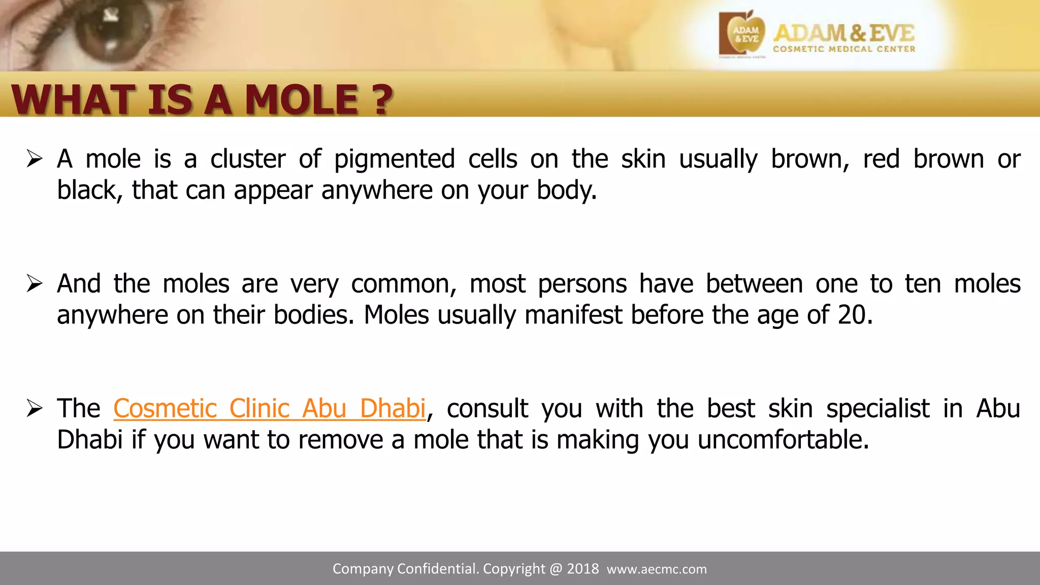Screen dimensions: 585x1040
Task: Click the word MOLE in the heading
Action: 302,100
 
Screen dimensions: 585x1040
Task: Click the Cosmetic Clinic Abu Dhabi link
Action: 269,409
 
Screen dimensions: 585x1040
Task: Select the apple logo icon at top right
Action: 743,34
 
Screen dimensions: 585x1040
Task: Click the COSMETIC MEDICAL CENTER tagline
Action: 844,49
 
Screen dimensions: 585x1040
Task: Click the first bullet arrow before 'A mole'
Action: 35,159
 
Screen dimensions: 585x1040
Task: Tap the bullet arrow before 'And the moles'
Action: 35,284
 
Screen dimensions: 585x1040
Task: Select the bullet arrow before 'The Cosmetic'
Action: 35,408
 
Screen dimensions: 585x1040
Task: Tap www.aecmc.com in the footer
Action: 657,569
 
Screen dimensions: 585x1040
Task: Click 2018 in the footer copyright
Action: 582,569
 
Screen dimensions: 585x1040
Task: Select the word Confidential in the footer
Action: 438,569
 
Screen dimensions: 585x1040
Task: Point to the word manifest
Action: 573,315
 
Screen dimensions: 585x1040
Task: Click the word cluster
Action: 248,159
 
